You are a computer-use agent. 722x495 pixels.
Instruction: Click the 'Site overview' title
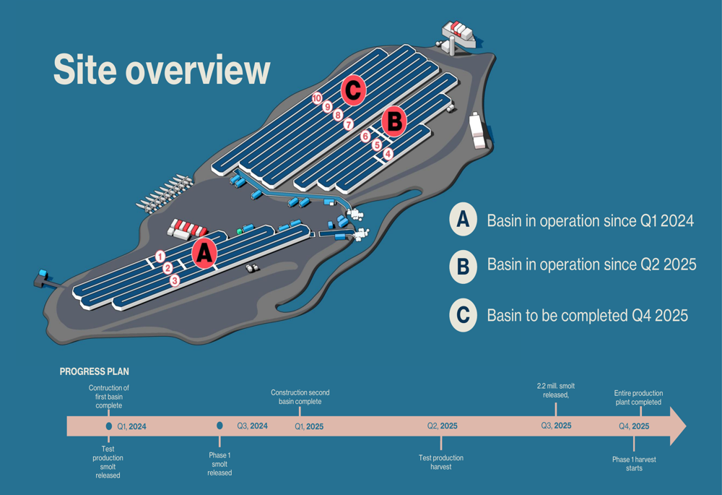coord(162,69)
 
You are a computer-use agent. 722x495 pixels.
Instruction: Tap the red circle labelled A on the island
coord(204,253)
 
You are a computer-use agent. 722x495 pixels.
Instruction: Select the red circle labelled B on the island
coord(394,121)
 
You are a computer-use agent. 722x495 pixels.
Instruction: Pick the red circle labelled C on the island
coord(353,90)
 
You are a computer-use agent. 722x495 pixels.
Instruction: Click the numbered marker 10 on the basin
coord(317,98)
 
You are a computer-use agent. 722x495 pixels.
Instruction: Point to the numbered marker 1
coord(160,257)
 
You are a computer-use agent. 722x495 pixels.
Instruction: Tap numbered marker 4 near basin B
coord(388,154)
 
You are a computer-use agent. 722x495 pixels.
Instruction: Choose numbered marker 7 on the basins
coord(349,124)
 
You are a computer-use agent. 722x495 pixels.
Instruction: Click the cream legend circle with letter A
coord(463,220)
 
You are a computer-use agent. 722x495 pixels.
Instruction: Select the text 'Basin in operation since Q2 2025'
coord(592,264)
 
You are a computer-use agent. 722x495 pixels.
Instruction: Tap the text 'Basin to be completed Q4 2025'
coord(588,316)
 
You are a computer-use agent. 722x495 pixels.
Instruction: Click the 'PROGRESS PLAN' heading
coord(95,371)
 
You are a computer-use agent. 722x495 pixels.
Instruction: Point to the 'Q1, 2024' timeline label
coord(131,427)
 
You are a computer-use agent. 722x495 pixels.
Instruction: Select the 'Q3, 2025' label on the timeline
coord(556,426)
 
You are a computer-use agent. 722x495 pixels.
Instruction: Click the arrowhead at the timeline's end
coord(678,426)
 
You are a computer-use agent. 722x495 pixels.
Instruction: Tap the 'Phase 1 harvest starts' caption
coord(634,464)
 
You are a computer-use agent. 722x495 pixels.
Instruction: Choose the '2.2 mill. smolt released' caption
coord(556,390)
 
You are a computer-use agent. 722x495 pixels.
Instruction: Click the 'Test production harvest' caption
coord(441,462)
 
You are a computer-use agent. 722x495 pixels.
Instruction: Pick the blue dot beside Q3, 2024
coord(219,426)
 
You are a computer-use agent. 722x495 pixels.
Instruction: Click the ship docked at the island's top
coord(458,33)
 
